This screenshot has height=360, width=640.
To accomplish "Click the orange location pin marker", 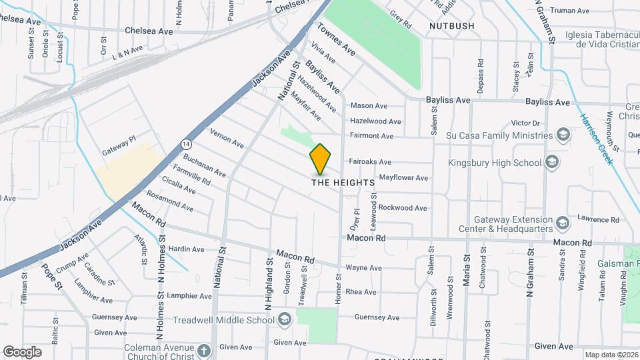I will [320, 159].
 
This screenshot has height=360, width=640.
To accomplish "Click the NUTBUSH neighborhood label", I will [452, 26].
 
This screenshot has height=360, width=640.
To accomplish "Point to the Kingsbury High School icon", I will [552, 162].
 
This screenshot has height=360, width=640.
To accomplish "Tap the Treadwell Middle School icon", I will [285, 319].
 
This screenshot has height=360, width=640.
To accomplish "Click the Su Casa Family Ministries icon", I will [563, 135].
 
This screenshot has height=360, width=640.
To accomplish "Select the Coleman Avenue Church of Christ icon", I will [204, 349].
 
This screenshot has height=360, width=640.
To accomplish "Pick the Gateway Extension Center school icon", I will [563, 222].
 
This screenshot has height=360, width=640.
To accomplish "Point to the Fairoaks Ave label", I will [371, 162].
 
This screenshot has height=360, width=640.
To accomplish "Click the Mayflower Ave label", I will [403, 178].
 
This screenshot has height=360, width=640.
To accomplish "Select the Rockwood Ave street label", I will [403, 208].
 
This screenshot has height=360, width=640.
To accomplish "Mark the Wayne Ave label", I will [363, 268].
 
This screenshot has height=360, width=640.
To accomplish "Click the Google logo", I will [22, 351].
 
